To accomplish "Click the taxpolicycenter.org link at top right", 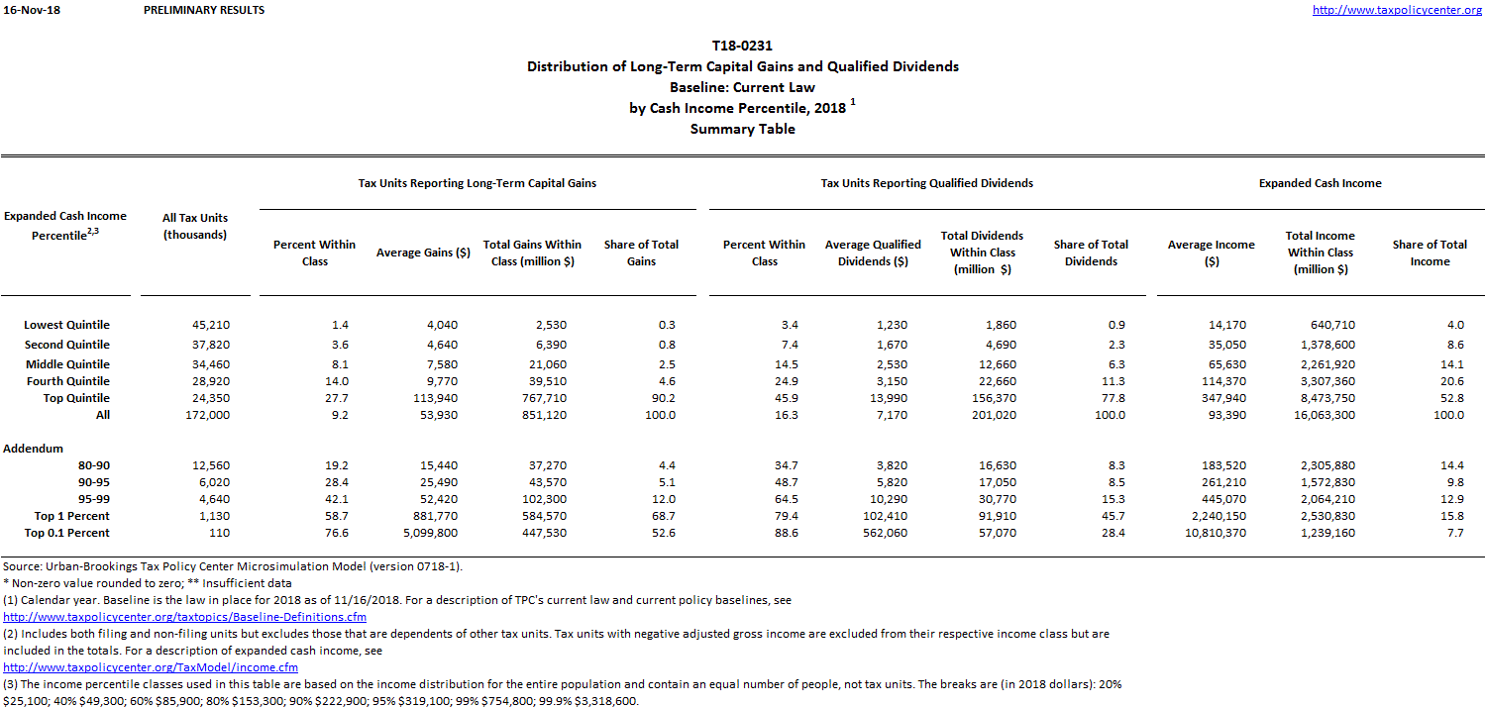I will [x=1397, y=10].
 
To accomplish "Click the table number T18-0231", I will [x=742, y=46].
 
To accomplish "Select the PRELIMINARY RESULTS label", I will [x=204, y=10].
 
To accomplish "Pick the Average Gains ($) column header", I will [x=423, y=253].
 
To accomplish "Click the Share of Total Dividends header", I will [x=1091, y=253].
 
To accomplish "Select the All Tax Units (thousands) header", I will [x=195, y=226].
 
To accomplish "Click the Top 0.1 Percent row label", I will [x=66, y=533].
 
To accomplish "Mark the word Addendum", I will [x=33, y=449].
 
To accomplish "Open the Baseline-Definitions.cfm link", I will [x=185, y=617].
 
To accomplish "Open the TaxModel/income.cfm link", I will [x=151, y=667].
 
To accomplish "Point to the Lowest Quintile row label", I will [x=66, y=325].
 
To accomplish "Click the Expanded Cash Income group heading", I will [x=1320, y=183].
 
